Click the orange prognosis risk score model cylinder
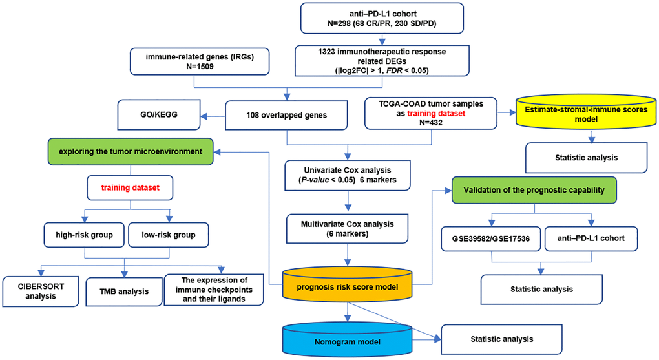pos(349,286)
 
